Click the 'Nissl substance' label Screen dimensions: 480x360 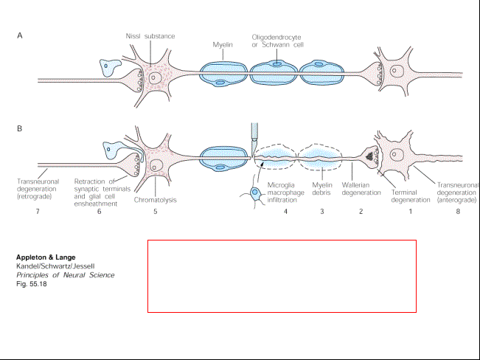click(x=150, y=36)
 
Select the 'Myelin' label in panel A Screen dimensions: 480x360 click(x=223, y=45)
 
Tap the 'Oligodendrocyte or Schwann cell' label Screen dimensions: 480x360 click(x=278, y=41)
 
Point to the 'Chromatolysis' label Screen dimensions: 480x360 click(x=155, y=200)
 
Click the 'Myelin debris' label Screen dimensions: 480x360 click(x=322, y=189)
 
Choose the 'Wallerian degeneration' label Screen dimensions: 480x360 click(x=361, y=189)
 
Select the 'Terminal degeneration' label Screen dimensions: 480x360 click(x=411, y=196)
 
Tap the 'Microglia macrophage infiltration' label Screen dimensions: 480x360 click(x=285, y=193)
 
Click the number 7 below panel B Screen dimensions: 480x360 click(x=38, y=212)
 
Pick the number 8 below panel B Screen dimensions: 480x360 click(x=458, y=212)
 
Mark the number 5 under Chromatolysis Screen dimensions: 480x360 click(x=155, y=212)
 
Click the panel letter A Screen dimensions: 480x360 click(x=20, y=35)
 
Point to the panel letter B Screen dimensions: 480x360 click(x=20, y=128)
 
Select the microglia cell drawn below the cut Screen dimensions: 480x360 click(x=254, y=193)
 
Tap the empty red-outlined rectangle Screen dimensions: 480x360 click(x=282, y=240)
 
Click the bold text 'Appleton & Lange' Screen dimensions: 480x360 click(x=46, y=257)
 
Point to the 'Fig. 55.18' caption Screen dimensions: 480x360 click(x=32, y=284)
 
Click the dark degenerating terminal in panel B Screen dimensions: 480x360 click(x=369, y=156)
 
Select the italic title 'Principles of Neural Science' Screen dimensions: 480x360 click(x=65, y=275)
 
